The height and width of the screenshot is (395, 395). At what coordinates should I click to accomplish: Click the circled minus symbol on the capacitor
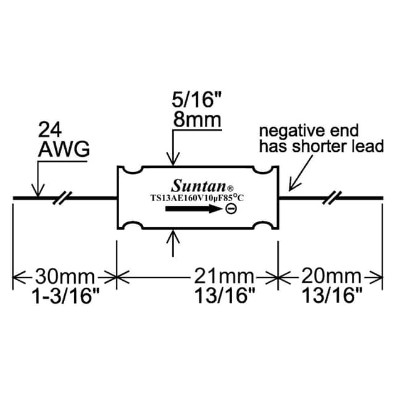point(230,210)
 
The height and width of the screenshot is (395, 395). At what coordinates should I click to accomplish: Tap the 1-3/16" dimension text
point(65,296)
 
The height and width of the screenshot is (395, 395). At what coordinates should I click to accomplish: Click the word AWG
point(64,149)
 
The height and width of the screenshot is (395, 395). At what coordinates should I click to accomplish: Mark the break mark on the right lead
point(335,198)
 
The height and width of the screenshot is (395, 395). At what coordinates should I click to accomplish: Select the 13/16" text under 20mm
point(331,296)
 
